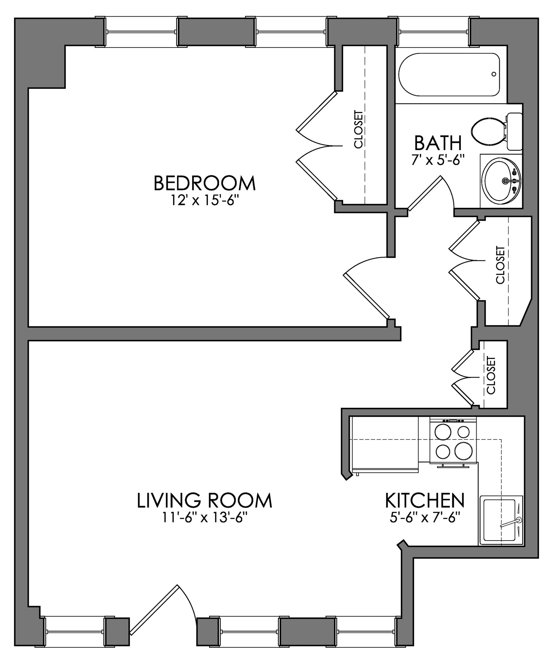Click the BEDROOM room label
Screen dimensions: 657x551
pos(205,183)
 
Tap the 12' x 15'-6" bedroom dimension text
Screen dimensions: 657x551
pos(205,201)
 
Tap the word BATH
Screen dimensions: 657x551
pos(438,143)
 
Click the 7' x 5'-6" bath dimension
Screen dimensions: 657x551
pos(438,159)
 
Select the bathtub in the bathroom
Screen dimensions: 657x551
pos(449,74)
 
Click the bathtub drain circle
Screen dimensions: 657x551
pos(494,74)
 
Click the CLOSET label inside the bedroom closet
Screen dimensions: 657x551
pos(359,129)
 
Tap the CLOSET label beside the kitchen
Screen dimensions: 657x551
pos(491,375)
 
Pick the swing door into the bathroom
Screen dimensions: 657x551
pos(425,192)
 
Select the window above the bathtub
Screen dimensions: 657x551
pos(433,32)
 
